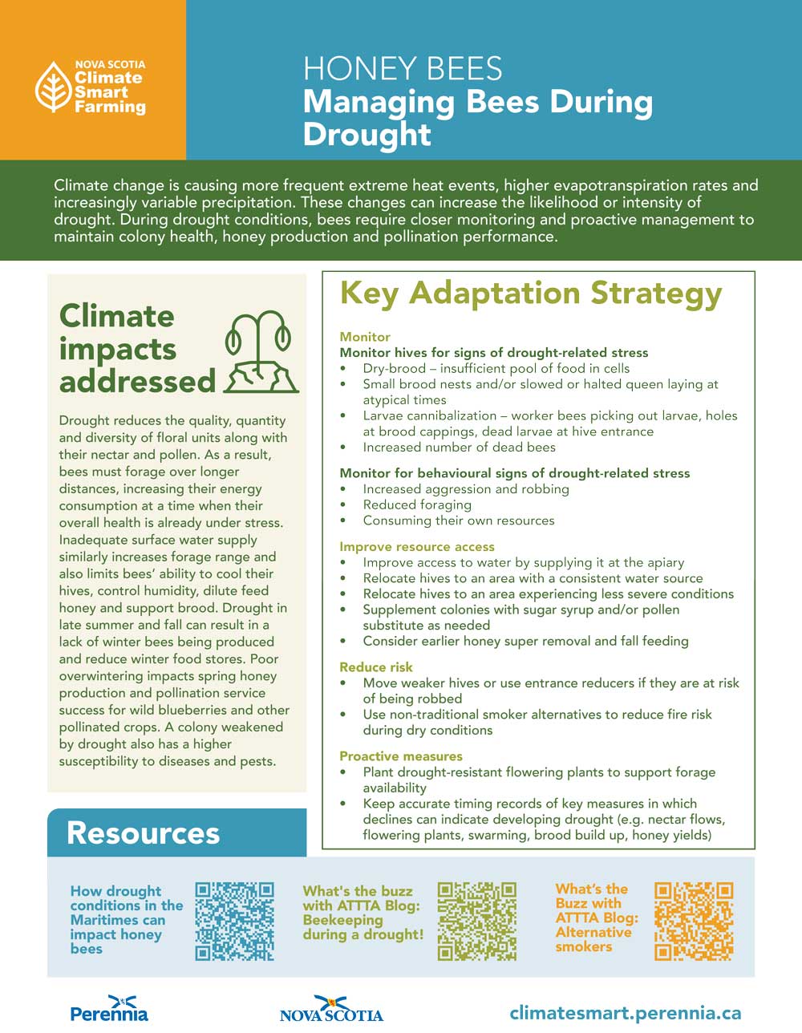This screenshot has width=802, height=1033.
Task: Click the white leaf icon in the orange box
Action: pos(55,87)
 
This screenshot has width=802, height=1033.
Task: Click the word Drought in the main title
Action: pos(367,134)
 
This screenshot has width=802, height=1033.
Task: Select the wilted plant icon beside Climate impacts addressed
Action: pos(261,352)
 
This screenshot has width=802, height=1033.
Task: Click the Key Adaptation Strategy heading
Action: pos(531,294)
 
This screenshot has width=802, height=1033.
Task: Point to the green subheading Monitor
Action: pos(365,337)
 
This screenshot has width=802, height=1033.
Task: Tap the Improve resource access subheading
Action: pos(417,547)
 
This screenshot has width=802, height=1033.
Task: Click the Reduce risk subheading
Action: pos(375,667)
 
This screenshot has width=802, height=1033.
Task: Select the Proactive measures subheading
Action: pos(401,756)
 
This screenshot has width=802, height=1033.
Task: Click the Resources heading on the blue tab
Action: pos(143,832)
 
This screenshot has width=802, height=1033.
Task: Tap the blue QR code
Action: pos(234,922)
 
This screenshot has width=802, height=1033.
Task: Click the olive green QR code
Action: pos(477,922)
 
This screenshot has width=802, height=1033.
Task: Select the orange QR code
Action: pos(694,922)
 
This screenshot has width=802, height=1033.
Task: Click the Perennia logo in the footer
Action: pos(109,1008)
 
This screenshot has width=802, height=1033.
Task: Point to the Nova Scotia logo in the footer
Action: pos(331,1008)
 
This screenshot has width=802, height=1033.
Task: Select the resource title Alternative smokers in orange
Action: pos(593,939)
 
